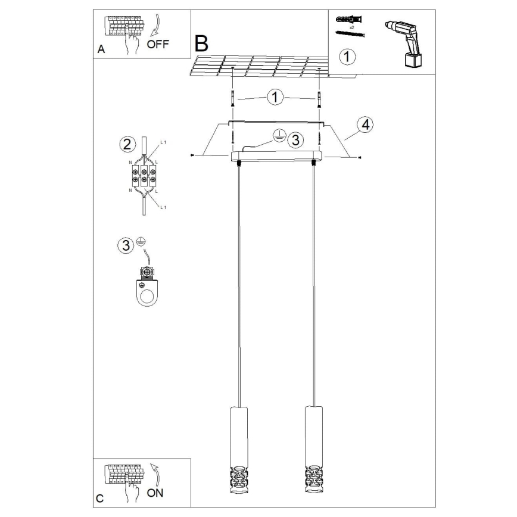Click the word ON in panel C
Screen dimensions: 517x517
[x=154, y=493]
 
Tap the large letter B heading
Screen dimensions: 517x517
[x=202, y=42]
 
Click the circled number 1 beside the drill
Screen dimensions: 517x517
[x=347, y=57]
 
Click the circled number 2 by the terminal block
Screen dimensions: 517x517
[x=126, y=144]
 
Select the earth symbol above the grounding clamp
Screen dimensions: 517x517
[x=141, y=242]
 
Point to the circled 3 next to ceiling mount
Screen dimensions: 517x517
[x=294, y=140]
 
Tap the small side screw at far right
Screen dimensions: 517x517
[x=360, y=157]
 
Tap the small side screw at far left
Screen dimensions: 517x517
[x=191, y=155]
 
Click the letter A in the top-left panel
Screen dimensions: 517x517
[x=101, y=51]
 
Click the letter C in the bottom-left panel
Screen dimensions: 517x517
[x=99, y=498]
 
